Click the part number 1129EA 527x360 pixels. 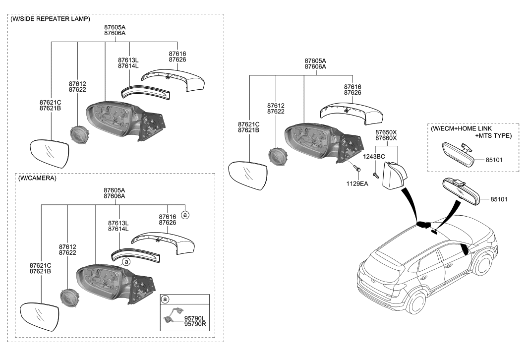(357, 183)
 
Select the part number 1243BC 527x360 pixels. (374, 156)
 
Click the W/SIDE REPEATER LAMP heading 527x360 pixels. (50, 19)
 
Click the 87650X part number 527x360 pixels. (386, 132)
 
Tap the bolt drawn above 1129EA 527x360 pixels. (357, 170)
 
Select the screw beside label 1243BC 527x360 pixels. (376, 174)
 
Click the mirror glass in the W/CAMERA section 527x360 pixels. (37, 318)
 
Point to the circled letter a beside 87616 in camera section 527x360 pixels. (184, 215)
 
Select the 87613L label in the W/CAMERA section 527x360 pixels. (118, 223)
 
